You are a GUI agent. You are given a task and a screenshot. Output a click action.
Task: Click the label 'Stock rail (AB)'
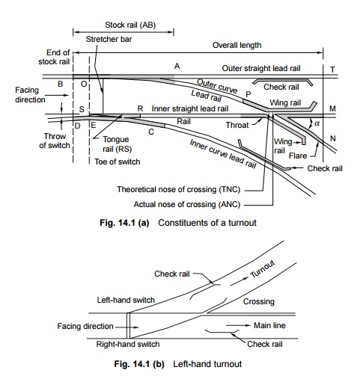[130, 25]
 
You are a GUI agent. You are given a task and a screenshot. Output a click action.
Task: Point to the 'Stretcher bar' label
[109, 39]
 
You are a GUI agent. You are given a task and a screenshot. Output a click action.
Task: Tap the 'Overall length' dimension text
[237, 45]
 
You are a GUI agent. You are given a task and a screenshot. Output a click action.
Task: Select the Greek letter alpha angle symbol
[317, 123]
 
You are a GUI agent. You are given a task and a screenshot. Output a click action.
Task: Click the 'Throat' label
[237, 125]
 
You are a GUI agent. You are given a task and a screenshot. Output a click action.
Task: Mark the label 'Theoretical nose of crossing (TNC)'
[179, 189]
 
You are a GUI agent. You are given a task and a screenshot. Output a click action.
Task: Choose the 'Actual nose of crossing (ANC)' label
[187, 204]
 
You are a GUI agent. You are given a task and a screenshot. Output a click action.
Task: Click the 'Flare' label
[298, 155]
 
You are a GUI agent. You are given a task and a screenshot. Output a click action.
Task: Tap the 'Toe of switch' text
[118, 161]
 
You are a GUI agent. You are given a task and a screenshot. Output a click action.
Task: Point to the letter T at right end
[332, 70]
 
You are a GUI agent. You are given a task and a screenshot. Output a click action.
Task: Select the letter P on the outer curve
[248, 94]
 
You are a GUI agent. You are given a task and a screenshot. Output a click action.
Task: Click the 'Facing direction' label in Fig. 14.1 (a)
[30, 95]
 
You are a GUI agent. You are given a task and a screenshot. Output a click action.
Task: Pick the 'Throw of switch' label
[55, 141]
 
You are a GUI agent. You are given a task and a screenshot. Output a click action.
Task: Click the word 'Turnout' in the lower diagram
[263, 269]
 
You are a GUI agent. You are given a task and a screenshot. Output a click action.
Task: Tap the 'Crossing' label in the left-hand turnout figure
[259, 301]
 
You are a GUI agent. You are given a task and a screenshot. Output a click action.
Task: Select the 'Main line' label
[269, 325]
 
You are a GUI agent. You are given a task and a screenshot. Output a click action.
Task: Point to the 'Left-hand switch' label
[126, 300]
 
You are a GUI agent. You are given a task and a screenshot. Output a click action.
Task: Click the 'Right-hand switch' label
[128, 344]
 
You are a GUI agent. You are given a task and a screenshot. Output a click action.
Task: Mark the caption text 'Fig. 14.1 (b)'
[139, 364]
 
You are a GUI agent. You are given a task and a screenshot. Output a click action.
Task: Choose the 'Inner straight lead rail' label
[190, 109]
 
